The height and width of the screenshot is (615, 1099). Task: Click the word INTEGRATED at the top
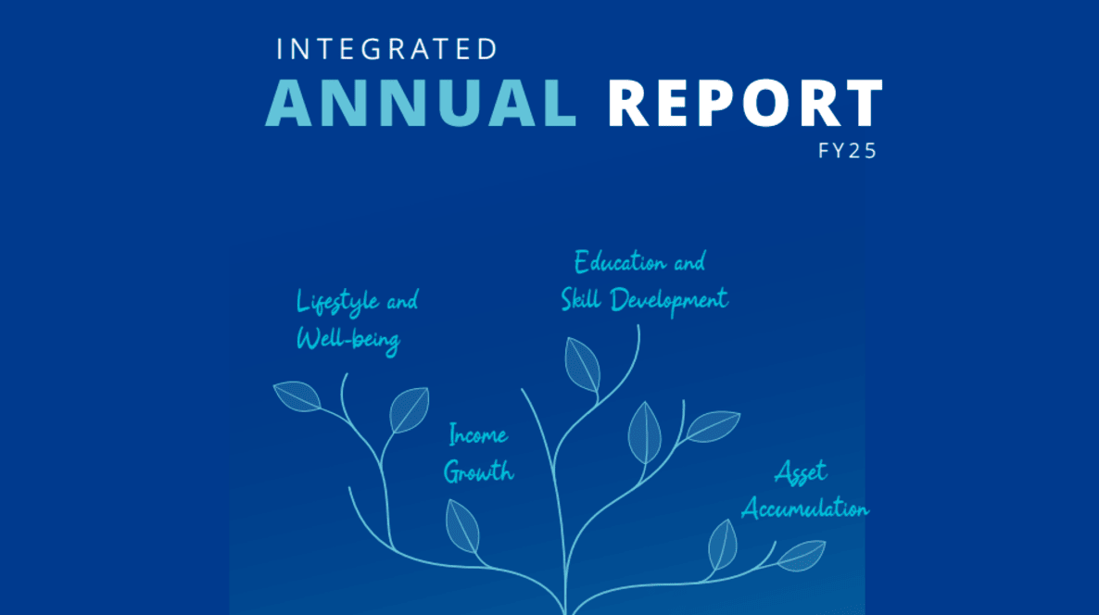[x=387, y=49]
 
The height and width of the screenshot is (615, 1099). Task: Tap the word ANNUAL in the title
[x=421, y=103]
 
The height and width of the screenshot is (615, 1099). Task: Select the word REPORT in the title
[x=745, y=103]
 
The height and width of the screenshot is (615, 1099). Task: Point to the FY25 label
[x=847, y=151]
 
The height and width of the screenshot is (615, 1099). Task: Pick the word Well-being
[x=348, y=340]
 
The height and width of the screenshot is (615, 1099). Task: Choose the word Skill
[x=581, y=299]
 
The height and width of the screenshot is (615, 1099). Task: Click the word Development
[x=669, y=301]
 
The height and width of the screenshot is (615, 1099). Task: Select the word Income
[x=478, y=435]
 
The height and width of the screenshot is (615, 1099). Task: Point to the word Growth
[x=479, y=472]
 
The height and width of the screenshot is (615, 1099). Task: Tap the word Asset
[x=802, y=472]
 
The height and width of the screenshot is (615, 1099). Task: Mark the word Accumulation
[x=805, y=508]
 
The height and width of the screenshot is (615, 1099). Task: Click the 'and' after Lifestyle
[x=402, y=301]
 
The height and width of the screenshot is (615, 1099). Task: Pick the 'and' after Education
[x=689, y=263]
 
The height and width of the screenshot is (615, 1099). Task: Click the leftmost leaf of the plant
[x=297, y=395]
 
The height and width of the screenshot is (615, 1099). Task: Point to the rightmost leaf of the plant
[x=802, y=555]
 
